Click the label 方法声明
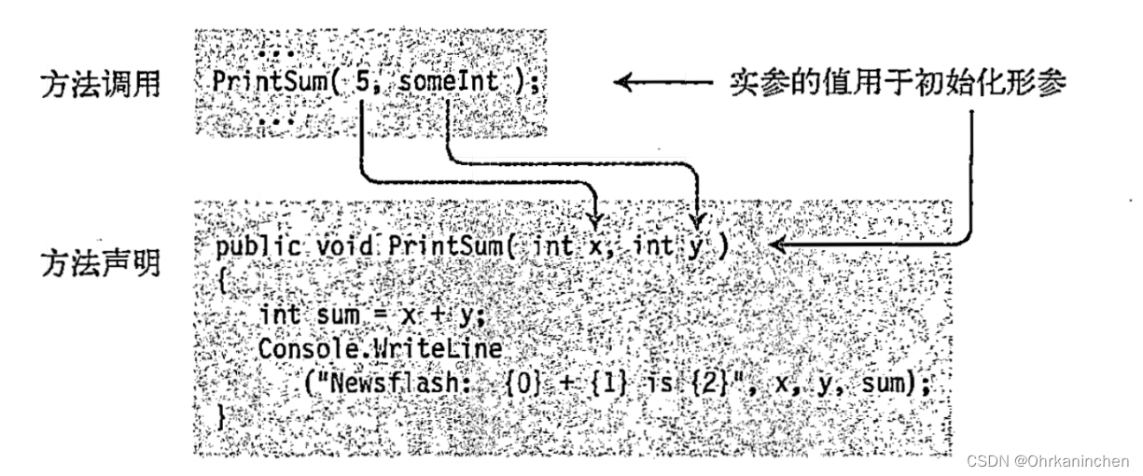coord(99,264)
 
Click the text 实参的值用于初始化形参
coord(897,83)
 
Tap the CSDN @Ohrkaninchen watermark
coord(1047,460)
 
